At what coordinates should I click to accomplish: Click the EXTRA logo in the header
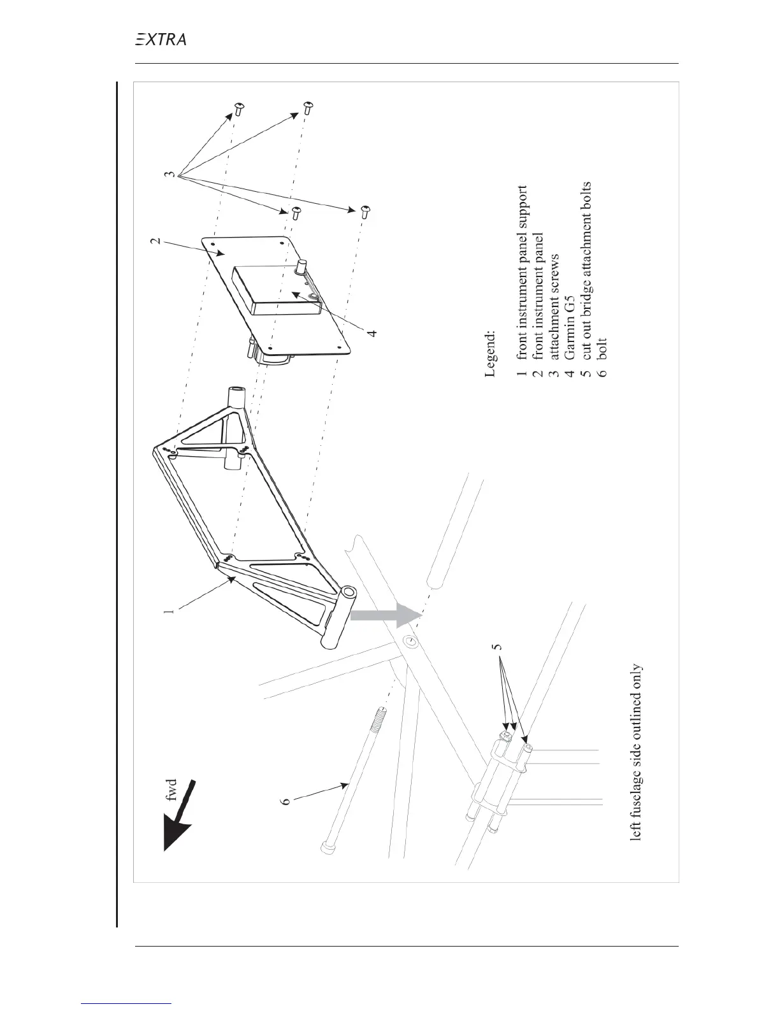pyautogui.click(x=161, y=39)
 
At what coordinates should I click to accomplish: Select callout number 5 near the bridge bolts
pyautogui.click(x=500, y=645)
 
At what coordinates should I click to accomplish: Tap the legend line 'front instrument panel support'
pyautogui.click(x=522, y=280)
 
